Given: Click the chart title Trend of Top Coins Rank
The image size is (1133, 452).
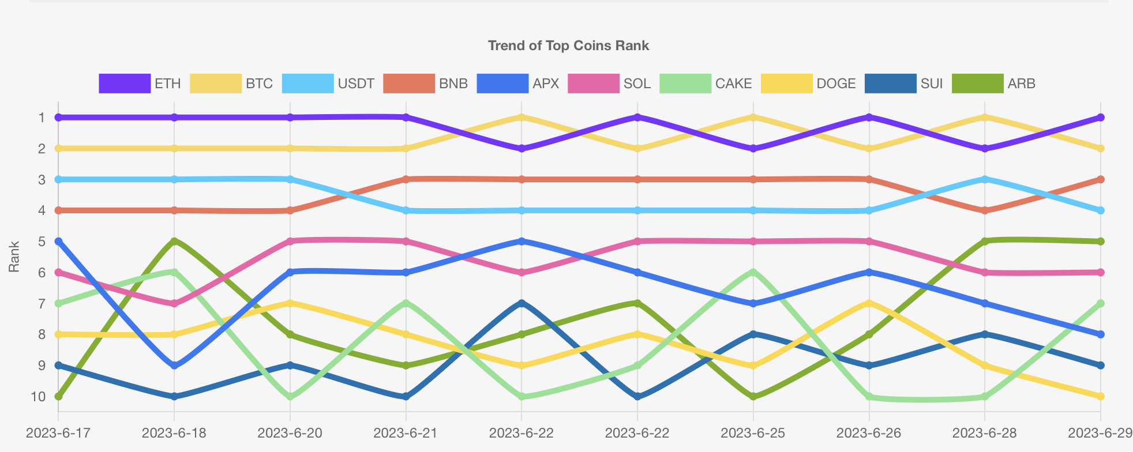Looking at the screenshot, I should click(x=568, y=46).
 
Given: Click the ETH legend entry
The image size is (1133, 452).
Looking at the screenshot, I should click(x=140, y=84).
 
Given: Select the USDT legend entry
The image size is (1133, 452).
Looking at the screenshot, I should click(x=328, y=84).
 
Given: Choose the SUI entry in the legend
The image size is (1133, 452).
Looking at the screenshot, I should click(x=904, y=84).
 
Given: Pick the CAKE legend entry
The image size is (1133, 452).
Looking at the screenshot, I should click(x=706, y=84).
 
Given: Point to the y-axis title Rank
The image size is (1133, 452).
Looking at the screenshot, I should click(x=14, y=257).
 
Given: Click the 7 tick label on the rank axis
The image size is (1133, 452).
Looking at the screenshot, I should click(x=42, y=303).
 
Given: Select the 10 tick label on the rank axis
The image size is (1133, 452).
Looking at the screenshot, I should click(x=38, y=397).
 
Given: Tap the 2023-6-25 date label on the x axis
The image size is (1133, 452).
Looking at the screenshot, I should click(x=753, y=433).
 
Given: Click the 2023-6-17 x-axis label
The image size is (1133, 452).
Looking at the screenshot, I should click(x=58, y=433).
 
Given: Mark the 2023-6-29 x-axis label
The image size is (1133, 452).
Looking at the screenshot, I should click(x=1100, y=433).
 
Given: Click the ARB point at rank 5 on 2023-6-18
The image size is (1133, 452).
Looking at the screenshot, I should click(x=174, y=241).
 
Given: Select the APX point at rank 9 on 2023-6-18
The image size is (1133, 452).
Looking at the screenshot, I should click(x=174, y=366).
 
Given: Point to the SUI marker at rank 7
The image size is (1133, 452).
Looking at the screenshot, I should click(x=522, y=303).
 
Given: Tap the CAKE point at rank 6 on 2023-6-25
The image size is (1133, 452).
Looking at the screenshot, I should click(x=753, y=272).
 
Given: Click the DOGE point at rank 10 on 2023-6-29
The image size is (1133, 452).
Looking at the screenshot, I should click(x=1100, y=396).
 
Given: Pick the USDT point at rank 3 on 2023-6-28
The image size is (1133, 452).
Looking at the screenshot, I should click(x=984, y=179).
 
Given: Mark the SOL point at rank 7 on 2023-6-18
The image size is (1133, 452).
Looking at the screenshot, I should click(x=174, y=303).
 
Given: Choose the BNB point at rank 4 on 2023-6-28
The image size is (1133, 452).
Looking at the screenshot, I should click(x=984, y=210).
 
